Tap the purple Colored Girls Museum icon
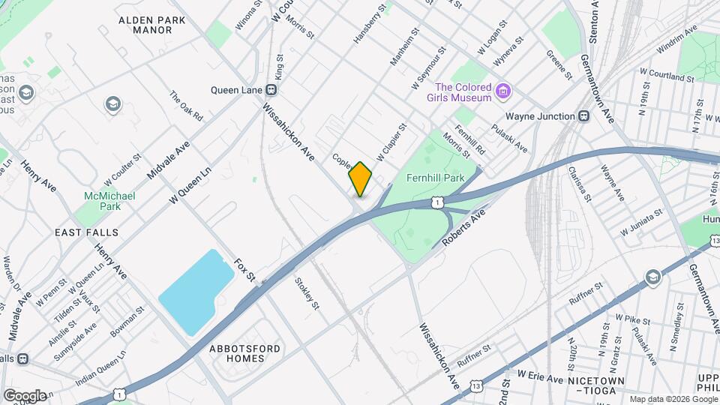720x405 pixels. click(x=503, y=92)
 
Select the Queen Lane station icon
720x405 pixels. click(x=272, y=89)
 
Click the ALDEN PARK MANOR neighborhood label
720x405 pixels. click(x=145, y=25)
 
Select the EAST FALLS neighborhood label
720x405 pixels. click(x=85, y=233)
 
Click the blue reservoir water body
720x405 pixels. click(x=194, y=288)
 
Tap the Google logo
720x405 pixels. click(x=25, y=395)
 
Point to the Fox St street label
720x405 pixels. click(x=244, y=270)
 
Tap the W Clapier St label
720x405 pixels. click(x=391, y=142)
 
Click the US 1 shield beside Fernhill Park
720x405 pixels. click(x=436, y=202)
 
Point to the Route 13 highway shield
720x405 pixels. click(x=477, y=386)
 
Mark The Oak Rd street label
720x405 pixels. click(x=187, y=107)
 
